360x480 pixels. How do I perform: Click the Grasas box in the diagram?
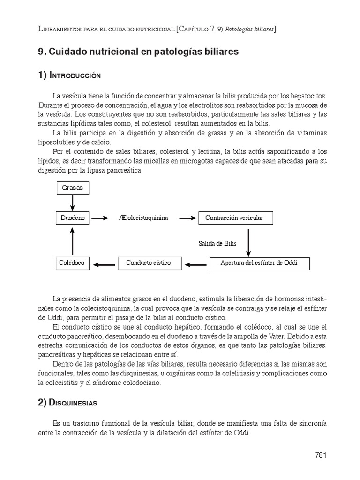(x=72, y=188)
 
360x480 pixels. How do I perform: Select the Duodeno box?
(x=72, y=218)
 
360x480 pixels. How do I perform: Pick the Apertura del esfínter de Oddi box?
(x=259, y=263)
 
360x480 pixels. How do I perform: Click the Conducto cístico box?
(x=148, y=263)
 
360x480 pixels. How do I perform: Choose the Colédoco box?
(x=72, y=263)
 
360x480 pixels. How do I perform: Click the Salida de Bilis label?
(x=217, y=243)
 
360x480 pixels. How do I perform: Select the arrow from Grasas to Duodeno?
(x=72, y=202)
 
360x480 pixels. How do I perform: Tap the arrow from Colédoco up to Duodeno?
(x=72, y=240)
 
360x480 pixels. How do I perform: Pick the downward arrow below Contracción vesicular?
(x=248, y=240)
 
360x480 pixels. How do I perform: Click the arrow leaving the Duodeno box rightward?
(x=100, y=218)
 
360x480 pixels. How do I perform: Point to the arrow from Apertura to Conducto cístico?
(x=195, y=264)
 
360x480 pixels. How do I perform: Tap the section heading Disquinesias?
(x=73, y=403)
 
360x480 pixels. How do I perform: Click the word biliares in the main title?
(x=221, y=52)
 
